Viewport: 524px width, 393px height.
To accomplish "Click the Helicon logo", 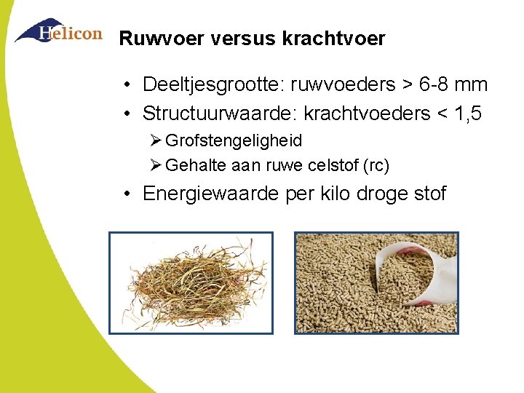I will [58, 31].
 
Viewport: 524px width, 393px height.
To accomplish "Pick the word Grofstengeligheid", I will [234, 140].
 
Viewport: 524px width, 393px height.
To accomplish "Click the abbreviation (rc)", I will [376, 166].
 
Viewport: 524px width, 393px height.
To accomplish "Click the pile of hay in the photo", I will [191, 284].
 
